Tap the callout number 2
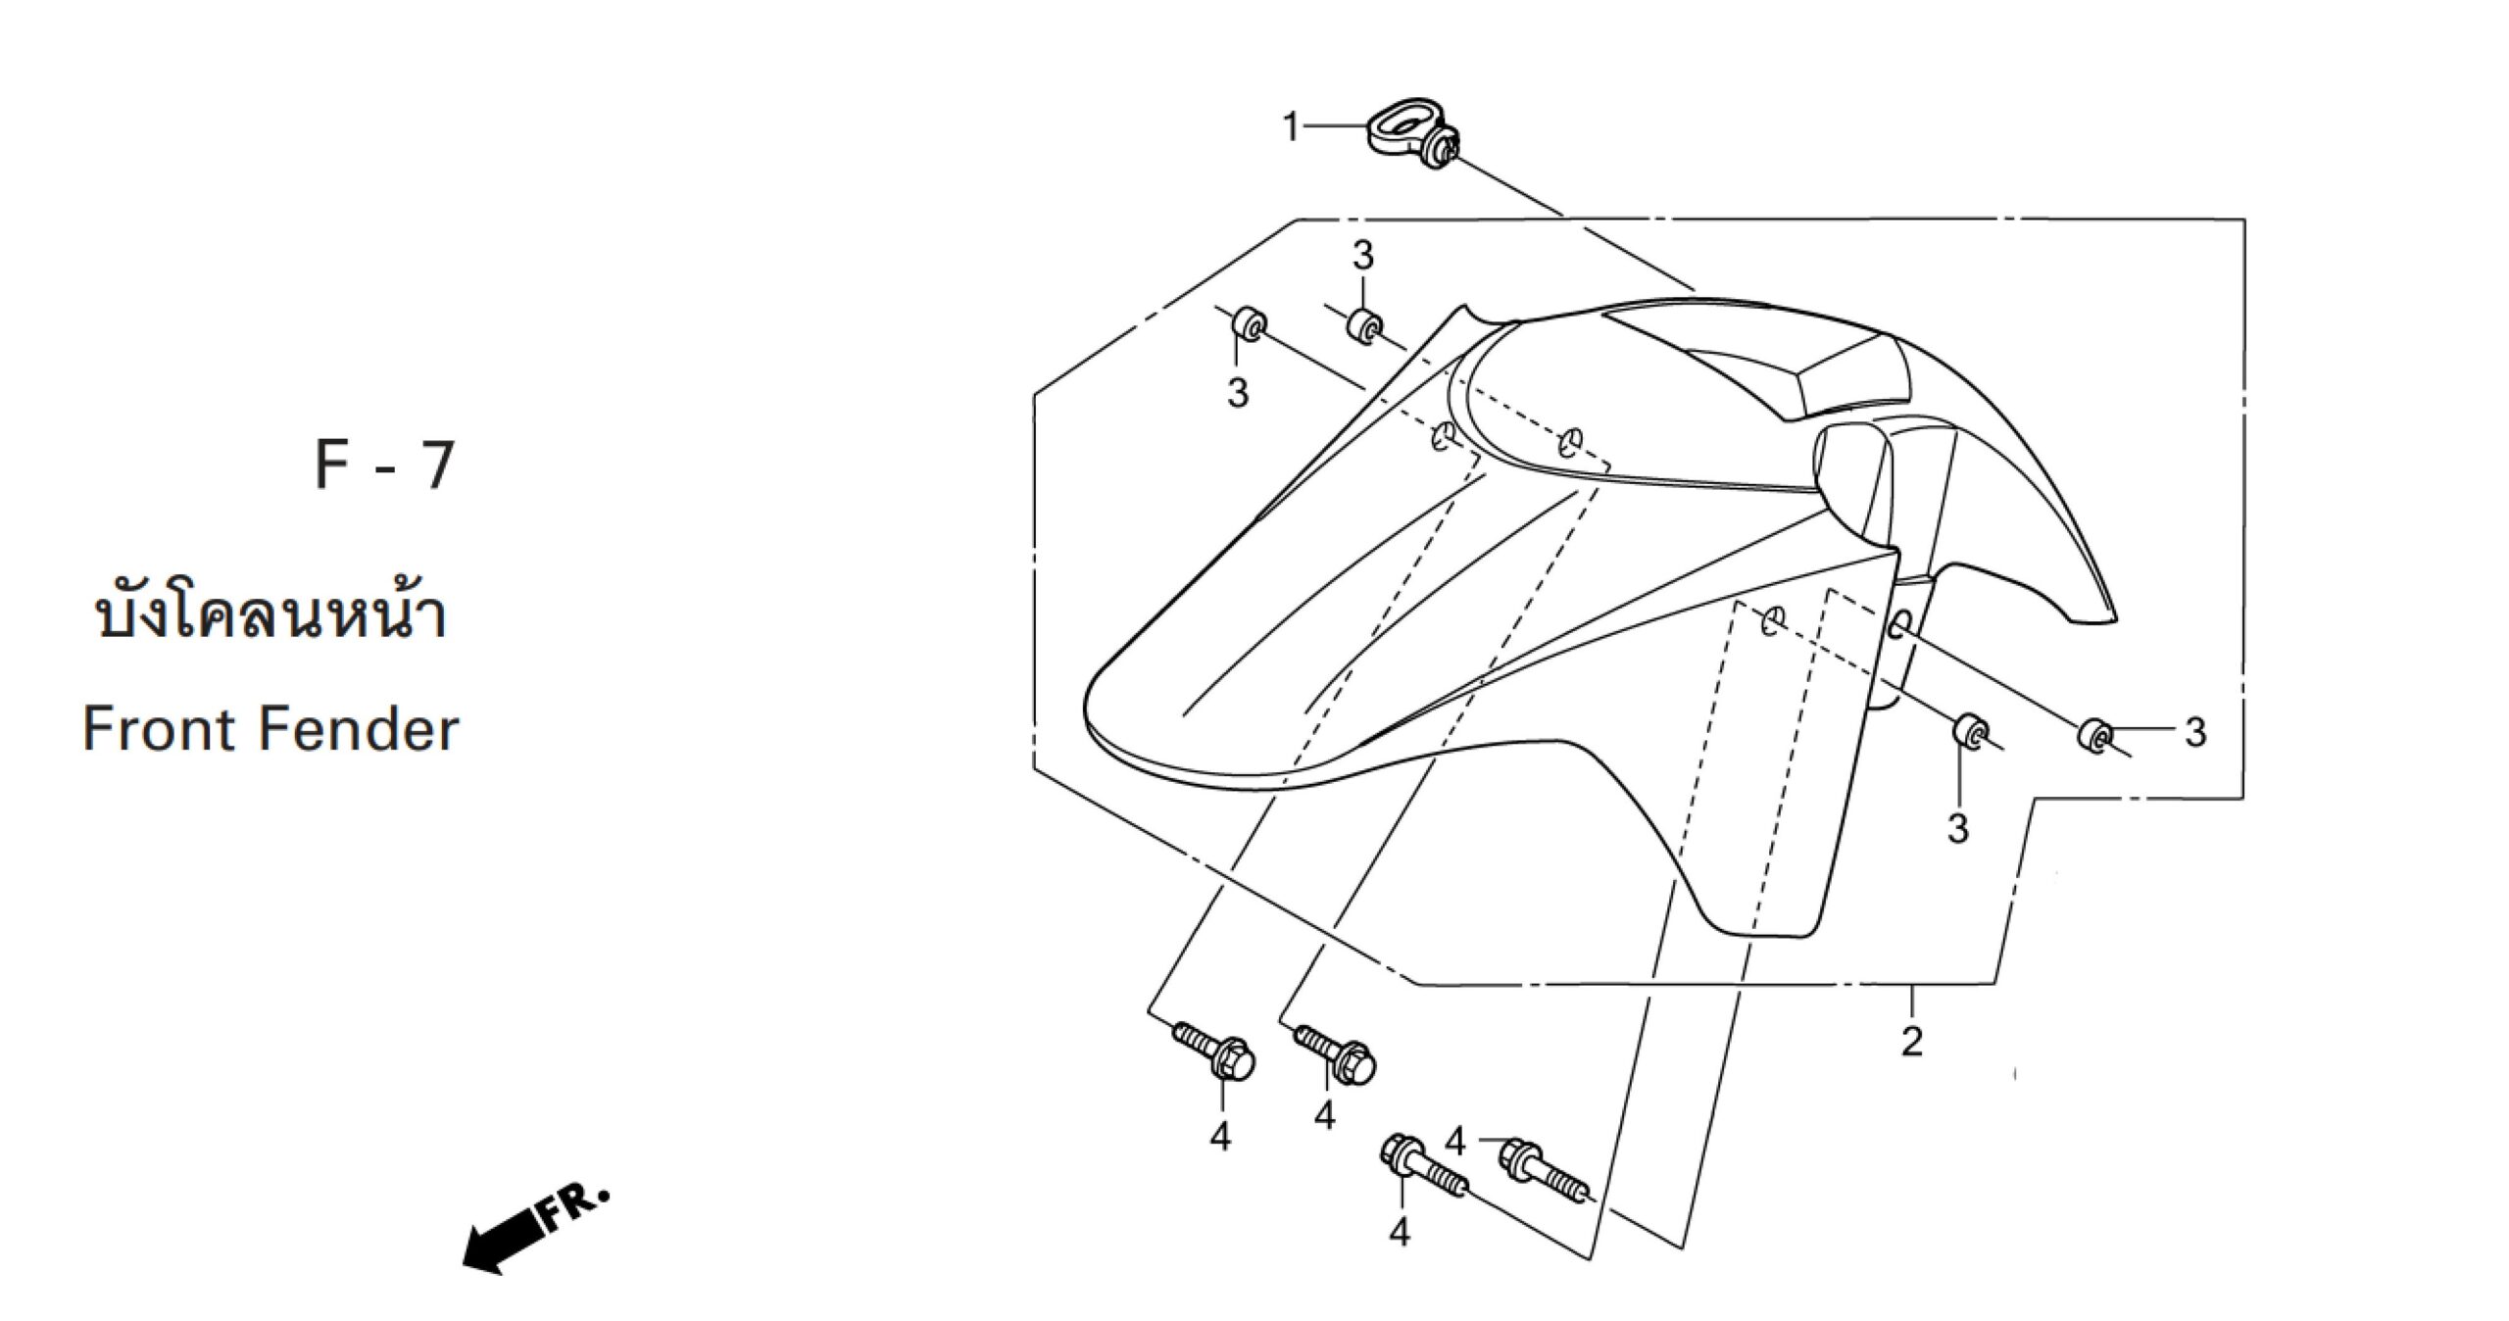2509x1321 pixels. click(1912, 1040)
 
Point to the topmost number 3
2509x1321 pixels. click(1363, 257)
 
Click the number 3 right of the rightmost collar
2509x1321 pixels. click(2195, 732)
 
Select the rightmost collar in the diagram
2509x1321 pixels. click(2092, 736)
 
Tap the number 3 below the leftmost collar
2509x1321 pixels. click(1238, 393)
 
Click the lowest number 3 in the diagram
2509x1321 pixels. click(1958, 829)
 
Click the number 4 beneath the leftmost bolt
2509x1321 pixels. click(1220, 1137)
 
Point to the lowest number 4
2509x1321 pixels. click(1401, 1232)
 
